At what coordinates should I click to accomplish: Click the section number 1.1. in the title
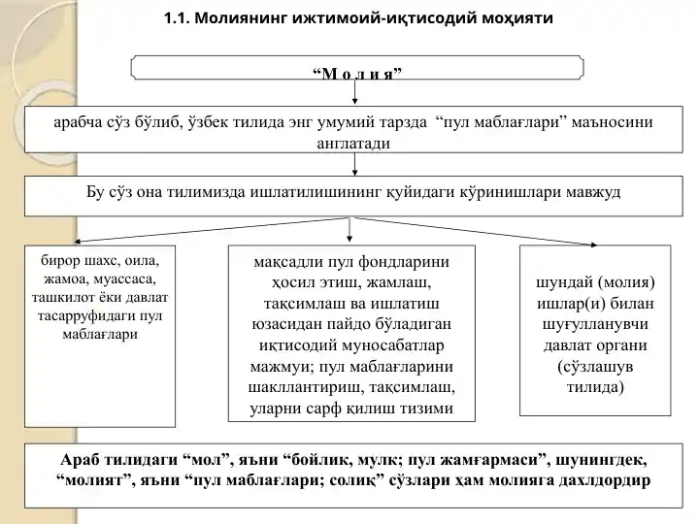pos(182,17)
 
